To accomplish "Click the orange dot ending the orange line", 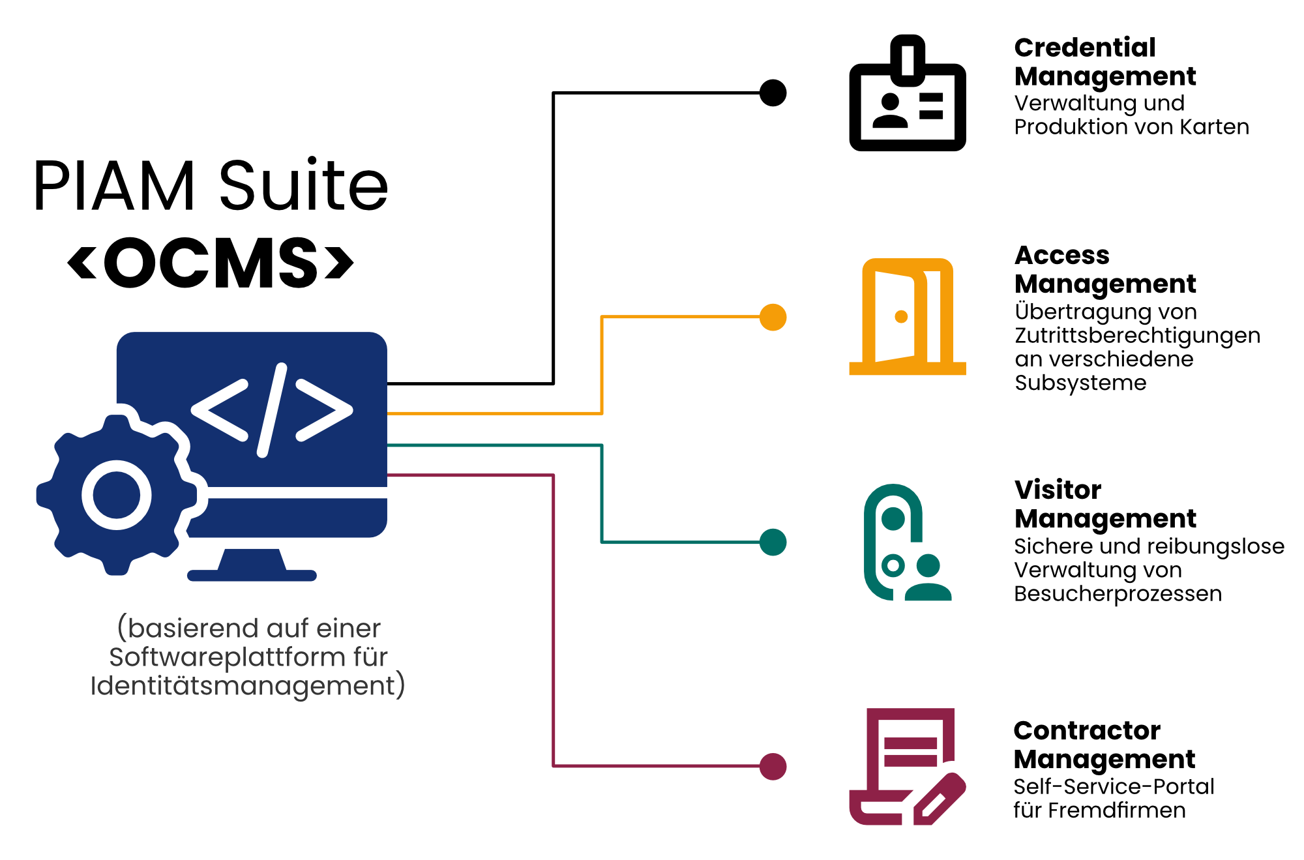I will point(773,318).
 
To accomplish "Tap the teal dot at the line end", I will point(773,542).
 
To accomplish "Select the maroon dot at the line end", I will point(773,767).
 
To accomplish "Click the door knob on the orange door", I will point(901,317).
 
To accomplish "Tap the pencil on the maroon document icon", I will point(940,799).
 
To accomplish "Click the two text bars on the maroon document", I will point(911,752).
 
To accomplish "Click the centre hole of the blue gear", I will point(117,495).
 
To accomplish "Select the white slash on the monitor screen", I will point(272,410).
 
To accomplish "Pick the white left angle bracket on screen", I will point(219,410).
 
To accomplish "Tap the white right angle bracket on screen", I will point(324,410).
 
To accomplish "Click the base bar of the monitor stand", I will point(252,576).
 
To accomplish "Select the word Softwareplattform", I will point(227,657).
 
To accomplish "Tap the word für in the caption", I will point(370,657).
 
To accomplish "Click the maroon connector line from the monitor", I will point(554,619).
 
